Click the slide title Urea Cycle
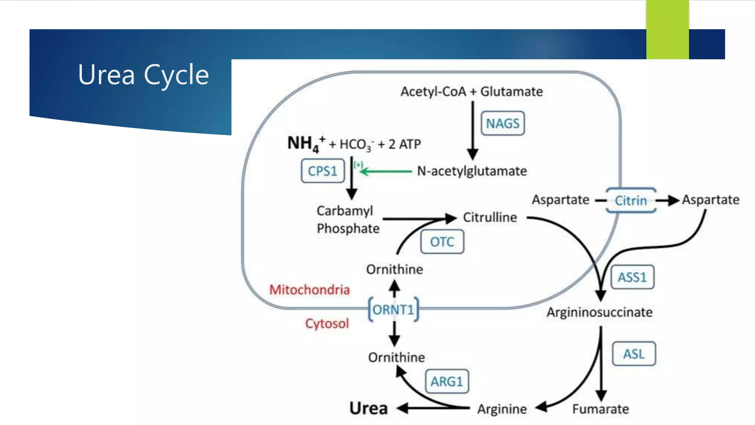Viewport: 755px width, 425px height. (143, 75)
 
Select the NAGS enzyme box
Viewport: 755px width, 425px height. (502, 123)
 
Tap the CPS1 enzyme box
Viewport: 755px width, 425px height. (323, 171)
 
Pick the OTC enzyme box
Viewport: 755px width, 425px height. (442, 242)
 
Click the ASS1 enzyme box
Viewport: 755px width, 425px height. (632, 277)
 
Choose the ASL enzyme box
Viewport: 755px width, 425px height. (634, 354)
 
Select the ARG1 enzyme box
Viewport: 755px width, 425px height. (447, 381)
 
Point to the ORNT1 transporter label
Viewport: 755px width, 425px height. (394, 310)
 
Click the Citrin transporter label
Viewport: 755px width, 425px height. (631, 201)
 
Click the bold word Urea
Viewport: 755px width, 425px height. (368, 408)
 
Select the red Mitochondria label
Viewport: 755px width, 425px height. (309, 290)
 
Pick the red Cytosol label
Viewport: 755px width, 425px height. (327, 324)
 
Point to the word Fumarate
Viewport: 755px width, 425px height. (601, 409)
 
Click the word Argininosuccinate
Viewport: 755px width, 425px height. (599, 312)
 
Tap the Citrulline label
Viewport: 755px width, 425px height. (490, 217)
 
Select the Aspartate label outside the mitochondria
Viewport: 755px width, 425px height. (710, 200)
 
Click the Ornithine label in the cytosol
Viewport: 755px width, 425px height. (396, 357)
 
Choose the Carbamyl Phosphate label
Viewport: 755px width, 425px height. (348, 220)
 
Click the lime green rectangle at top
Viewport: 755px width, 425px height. (667, 30)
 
